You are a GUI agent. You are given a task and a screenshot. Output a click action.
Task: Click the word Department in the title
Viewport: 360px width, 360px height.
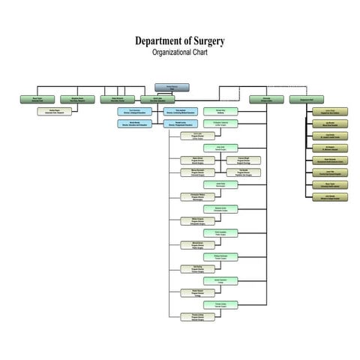[x=155, y=40]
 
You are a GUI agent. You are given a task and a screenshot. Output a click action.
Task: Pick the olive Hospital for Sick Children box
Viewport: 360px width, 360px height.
[x=330, y=112]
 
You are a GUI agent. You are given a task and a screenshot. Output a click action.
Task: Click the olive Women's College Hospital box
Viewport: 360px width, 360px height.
[x=330, y=196]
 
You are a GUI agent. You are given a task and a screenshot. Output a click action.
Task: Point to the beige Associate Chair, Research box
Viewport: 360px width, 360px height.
[x=55, y=112]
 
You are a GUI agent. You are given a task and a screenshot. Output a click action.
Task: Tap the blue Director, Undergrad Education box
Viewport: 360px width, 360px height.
[x=136, y=111]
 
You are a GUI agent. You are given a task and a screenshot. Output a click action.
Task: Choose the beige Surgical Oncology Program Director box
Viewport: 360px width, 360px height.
[x=244, y=160]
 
